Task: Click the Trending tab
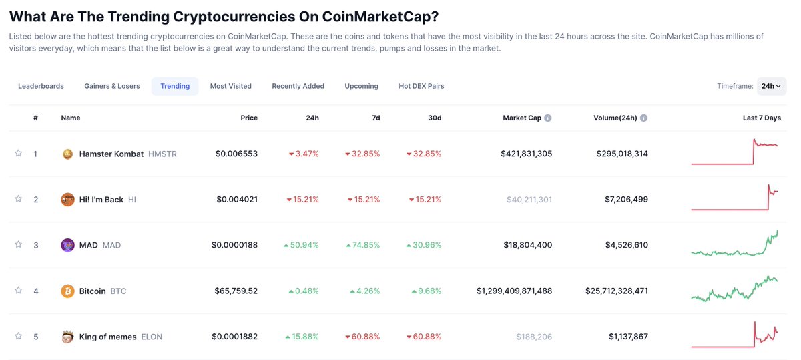click(x=175, y=86)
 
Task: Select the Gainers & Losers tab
click(x=112, y=86)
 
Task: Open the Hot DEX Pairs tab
click(x=421, y=86)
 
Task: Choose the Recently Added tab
click(x=298, y=86)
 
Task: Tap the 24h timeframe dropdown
click(x=772, y=86)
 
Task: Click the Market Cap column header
click(x=522, y=118)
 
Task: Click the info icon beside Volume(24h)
click(x=644, y=118)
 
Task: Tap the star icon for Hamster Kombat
click(x=19, y=154)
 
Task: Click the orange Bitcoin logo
click(x=67, y=291)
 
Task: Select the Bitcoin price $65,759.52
click(x=236, y=291)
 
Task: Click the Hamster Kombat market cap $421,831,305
click(x=526, y=154)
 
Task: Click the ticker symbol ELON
click(x=152, y=337)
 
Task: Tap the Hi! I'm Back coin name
click(x=101, y=200)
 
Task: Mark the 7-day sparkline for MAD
click(x=734, y=244)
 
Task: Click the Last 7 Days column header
click(x=761, y=118)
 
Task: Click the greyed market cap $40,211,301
click(x=529, y=200)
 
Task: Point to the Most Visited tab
click(x=230, y=86)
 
